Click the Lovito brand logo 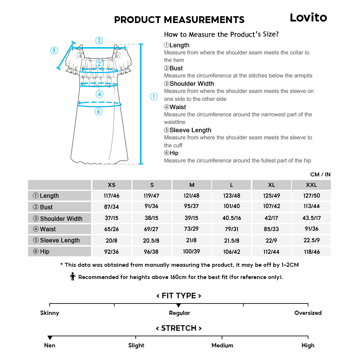309,18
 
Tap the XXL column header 311,185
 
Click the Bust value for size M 192,207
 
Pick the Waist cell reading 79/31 231,229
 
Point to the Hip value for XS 112,252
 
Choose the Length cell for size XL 271,196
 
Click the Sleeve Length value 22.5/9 311,240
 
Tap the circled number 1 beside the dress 154,97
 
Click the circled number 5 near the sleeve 54,51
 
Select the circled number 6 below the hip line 99,112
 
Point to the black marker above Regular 179,305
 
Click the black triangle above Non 50,338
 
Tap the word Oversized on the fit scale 308,313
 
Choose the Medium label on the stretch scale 222,345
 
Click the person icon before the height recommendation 73,277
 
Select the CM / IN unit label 320,175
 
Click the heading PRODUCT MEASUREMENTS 179,20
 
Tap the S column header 152,185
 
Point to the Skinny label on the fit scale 50,313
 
